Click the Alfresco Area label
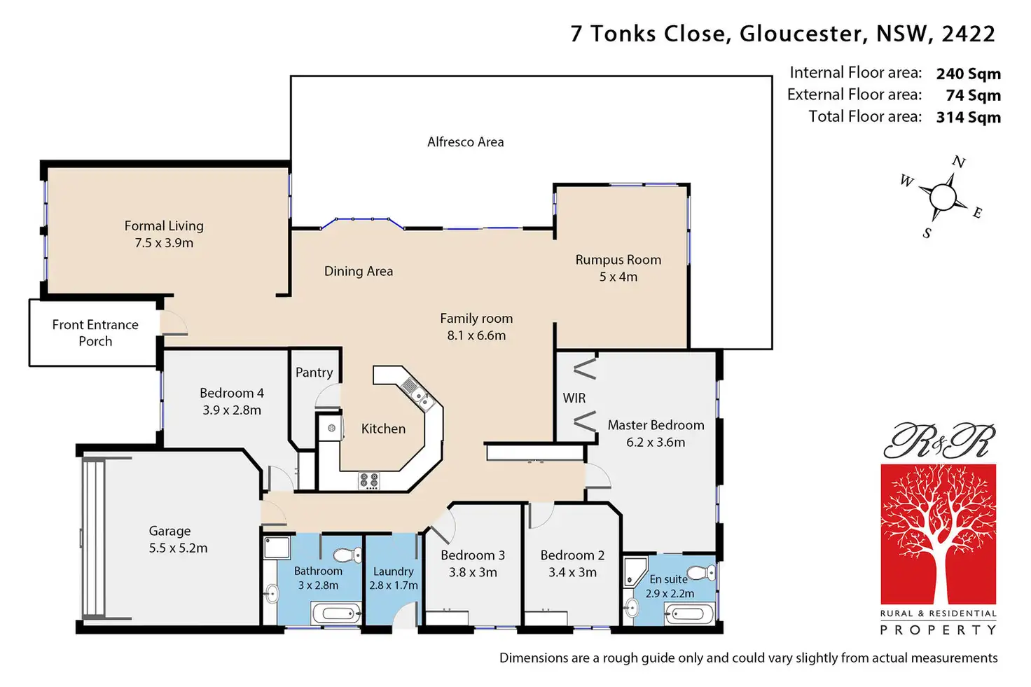point(465,142)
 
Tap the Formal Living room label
point(164,226)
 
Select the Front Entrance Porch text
point(95,333)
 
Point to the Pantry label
point(314,373)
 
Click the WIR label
point(574,398)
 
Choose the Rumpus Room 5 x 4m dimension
point(618,277)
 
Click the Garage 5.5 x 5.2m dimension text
point(178,548)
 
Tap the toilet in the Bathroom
point(346,555)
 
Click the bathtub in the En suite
point(689,615)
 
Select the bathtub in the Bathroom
point(337,614)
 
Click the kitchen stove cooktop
point(369,480)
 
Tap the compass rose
point(943,197)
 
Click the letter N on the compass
point(959,162)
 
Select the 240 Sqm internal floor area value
point(968,74)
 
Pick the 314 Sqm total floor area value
point(968,117)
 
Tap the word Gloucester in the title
point(801,34)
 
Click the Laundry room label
point(393,571)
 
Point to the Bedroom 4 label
point(232,393)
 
